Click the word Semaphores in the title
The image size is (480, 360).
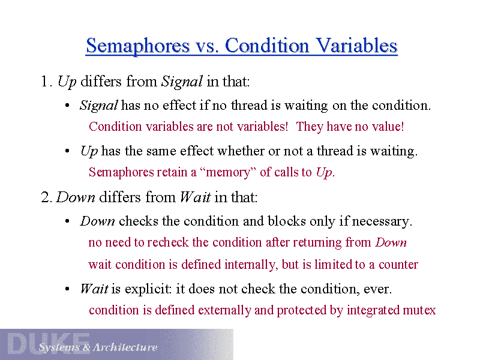(x=138, y=46)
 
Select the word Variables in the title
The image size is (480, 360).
(x=356, y=46)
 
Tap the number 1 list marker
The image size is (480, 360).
(x=44, y=82)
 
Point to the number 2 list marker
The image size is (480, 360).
(x=46, y=197)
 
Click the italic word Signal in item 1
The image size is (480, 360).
(x=182, y=82)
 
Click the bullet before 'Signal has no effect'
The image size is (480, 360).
(x=67, y=106)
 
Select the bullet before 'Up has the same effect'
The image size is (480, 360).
(x=67, y=151)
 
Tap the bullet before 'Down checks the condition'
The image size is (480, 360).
(x=67, y=221)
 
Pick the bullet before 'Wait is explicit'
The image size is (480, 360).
(x=67, y=289)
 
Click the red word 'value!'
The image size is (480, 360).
(x=388, y=127)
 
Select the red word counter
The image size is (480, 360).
(x=398, y=265)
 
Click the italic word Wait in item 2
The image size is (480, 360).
(x=196, y=197)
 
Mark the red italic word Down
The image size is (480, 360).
(x=391, y=242)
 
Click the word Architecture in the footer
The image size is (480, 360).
(x=125, y=347)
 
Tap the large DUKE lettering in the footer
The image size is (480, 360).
(x=49, y=343)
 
